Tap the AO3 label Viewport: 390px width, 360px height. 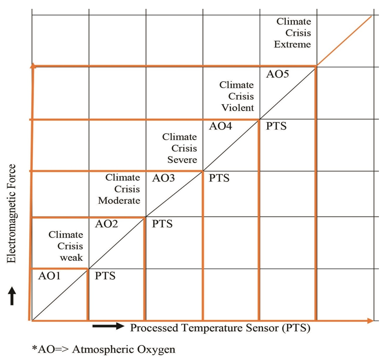tap(164, 178)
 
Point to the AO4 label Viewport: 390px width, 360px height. tap(220, 127)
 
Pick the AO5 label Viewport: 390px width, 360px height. tap(277, 74)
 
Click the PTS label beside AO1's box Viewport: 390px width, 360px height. tap(105, 276)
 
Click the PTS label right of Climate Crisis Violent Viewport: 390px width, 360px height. tap(276, 127)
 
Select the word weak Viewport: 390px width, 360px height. tap(72, 257)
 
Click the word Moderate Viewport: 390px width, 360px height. tap(119, 201)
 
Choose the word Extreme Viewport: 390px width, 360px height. tap(292, 45)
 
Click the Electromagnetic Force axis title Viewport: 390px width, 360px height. tap(12, 214)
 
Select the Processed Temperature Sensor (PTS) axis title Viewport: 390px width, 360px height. tap(220, 328)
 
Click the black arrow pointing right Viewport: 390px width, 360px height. tap(108, 326)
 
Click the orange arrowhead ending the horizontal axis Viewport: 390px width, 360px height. tap(370, 321)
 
